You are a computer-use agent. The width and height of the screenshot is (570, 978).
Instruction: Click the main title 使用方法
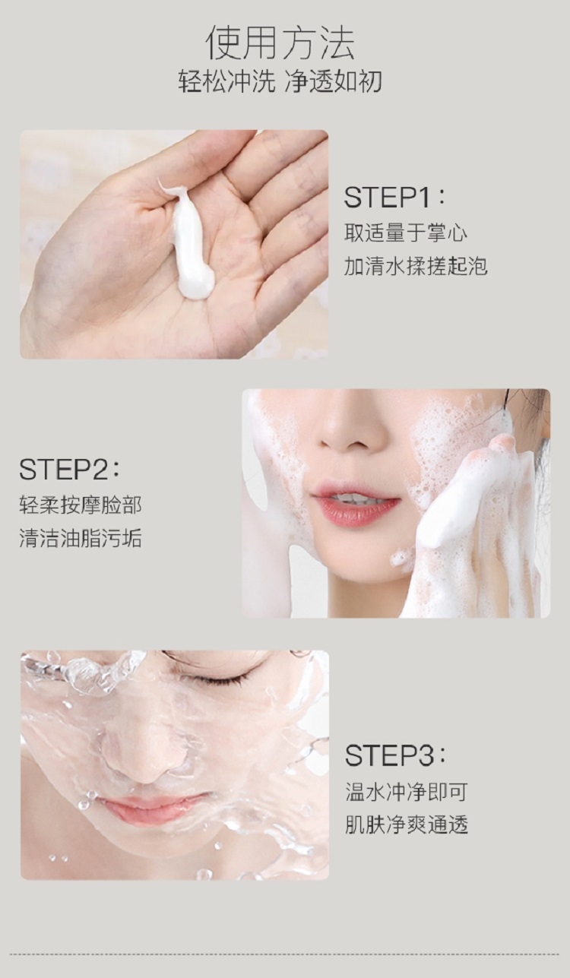280,43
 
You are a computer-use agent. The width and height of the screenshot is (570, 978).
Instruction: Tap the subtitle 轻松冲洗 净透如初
280,81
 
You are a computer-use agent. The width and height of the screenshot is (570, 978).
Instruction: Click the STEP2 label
69,470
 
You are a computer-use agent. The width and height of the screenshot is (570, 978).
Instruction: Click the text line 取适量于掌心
406,233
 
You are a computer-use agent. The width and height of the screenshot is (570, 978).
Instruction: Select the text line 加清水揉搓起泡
416,266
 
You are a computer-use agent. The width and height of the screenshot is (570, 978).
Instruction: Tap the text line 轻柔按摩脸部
81,505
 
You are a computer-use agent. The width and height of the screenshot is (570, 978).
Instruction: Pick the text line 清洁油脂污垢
81,538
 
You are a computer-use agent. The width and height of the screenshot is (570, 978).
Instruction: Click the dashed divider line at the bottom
285,954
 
